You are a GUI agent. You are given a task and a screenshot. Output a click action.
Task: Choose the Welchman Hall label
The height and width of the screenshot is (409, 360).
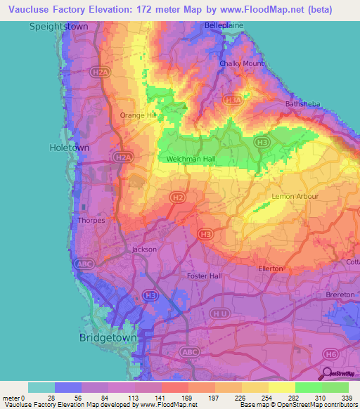coord(191,160)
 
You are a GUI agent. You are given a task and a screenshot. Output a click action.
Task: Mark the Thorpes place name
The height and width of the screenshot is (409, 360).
coord(92,220)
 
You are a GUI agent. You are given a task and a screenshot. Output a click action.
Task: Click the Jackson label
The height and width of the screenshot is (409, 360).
coord(145,249)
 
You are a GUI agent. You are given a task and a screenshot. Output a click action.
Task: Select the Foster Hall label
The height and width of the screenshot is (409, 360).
coord(205,275)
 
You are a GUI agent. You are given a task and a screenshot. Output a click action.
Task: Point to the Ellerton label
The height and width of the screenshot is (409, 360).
coord(270,268)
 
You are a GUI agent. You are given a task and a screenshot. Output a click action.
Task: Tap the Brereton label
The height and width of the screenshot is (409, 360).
coord(340,294)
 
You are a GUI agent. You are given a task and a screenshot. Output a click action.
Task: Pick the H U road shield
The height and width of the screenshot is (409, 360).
coord(221,312)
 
